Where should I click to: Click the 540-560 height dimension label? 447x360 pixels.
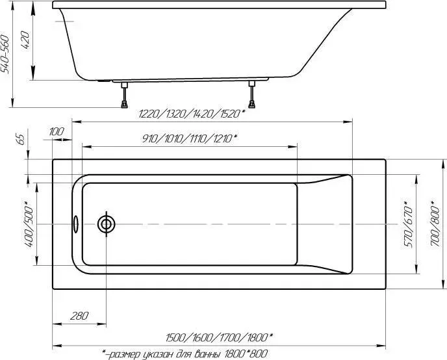[x=5, y=54]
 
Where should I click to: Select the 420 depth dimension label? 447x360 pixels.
[x=25, y=40]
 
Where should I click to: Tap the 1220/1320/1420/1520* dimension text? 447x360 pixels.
[x=192, y=114]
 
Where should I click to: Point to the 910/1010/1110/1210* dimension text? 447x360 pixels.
[x=190, y=139]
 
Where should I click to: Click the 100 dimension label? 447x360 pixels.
[x=57, y=132]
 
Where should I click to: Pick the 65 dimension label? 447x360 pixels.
[x=21, y=139]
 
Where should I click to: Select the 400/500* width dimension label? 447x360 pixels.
[x=30, y=224]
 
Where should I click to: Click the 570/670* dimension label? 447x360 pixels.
[x=408, y=224]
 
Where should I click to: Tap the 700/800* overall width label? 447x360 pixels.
[x=435, y=223]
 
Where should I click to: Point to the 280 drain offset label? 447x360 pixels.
[x=79, y=316]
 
